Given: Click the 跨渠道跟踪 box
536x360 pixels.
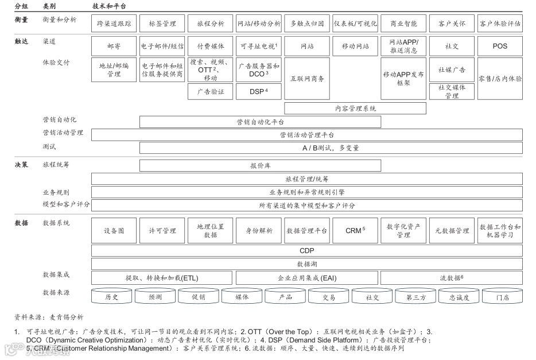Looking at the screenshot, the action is (114, 24).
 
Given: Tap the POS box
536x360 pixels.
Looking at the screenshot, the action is (500, 46).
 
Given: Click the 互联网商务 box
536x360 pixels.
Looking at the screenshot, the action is (307, 78).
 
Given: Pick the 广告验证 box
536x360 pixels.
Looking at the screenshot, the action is (211, 91).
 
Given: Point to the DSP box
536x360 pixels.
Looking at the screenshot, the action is (259, 91).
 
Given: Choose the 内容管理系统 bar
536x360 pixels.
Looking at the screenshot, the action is (355, 108).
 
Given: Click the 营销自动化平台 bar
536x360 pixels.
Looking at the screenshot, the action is (260, 122).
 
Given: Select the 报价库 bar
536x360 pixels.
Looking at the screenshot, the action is (260, 165).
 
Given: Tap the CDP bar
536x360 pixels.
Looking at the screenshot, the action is (307, 250).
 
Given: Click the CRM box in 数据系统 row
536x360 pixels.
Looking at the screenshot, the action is (355, 231).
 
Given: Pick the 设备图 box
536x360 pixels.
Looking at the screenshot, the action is (114, 231).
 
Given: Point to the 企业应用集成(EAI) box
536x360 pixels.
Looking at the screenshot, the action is (307, 278).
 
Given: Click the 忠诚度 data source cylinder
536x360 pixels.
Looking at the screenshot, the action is (459, 297).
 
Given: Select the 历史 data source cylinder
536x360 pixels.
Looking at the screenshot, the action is (112, 297).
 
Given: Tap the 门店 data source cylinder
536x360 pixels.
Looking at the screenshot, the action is (503, 297).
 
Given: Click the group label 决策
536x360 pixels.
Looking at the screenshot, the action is (21, 165).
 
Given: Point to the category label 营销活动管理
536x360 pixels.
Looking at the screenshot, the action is (63, 133).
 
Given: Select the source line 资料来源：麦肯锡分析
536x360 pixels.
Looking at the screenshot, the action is (49, 317).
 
